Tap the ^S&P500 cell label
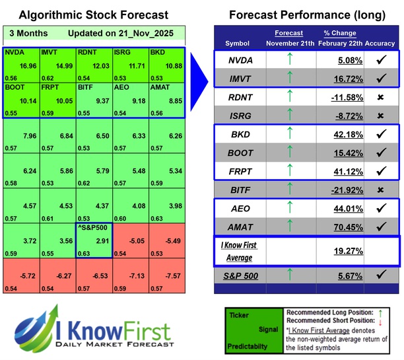click(94, 229)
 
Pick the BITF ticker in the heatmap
click(86, 87)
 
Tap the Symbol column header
click(238, 43)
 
